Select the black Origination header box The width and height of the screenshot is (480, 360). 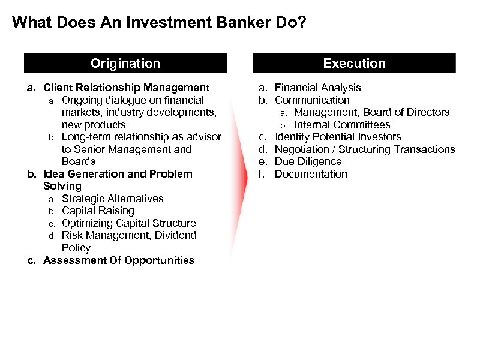click(x=125, y=64)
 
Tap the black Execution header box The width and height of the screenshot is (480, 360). click(x=354, y=64)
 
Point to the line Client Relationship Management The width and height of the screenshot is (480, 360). click(x=126, y=88)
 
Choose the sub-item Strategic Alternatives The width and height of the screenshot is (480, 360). click(x=112, y=199)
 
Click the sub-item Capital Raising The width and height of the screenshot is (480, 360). click(x=98, y=211)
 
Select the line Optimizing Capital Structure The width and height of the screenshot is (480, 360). click(x=128, y=223)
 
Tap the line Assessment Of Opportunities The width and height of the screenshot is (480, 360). click(x=119, y=260)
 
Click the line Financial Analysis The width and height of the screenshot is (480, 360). click(x=317, y=88)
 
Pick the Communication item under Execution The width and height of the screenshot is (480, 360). click(x=311, y=100)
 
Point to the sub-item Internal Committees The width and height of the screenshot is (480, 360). click(x=342, y=125)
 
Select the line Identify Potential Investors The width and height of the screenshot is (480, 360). click(x=337, y=137)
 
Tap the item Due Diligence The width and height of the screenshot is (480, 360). click(x=308, y=161)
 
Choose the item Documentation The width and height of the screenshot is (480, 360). click(x=311, y=174)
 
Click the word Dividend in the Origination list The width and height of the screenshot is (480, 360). click(x=176, y=235)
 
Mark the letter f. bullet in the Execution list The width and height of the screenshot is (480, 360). click(x=262, y=174)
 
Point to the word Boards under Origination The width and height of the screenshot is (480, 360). click(x=79, y=161)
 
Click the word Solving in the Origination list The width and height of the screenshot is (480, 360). click(x=62, y=186)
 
